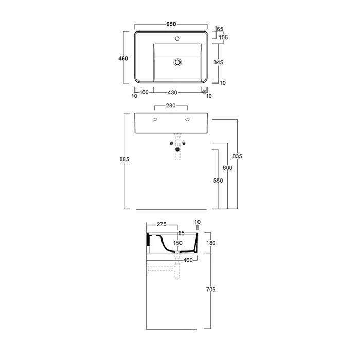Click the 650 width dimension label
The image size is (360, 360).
(x=171, y=24)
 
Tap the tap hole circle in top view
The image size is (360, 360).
(x=177, y=39)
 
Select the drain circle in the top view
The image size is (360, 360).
(x=177, y=62)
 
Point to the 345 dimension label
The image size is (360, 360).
(x=218, y=62)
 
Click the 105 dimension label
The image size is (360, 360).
(x=223, y=37)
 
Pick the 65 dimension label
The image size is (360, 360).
(x=220, y=29)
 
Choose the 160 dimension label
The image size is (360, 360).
(x=144, y=92)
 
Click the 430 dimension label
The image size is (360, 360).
(x=172, y=92)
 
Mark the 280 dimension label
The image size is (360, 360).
(x=171, y=105)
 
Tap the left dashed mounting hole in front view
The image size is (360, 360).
(x=155, y=119)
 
